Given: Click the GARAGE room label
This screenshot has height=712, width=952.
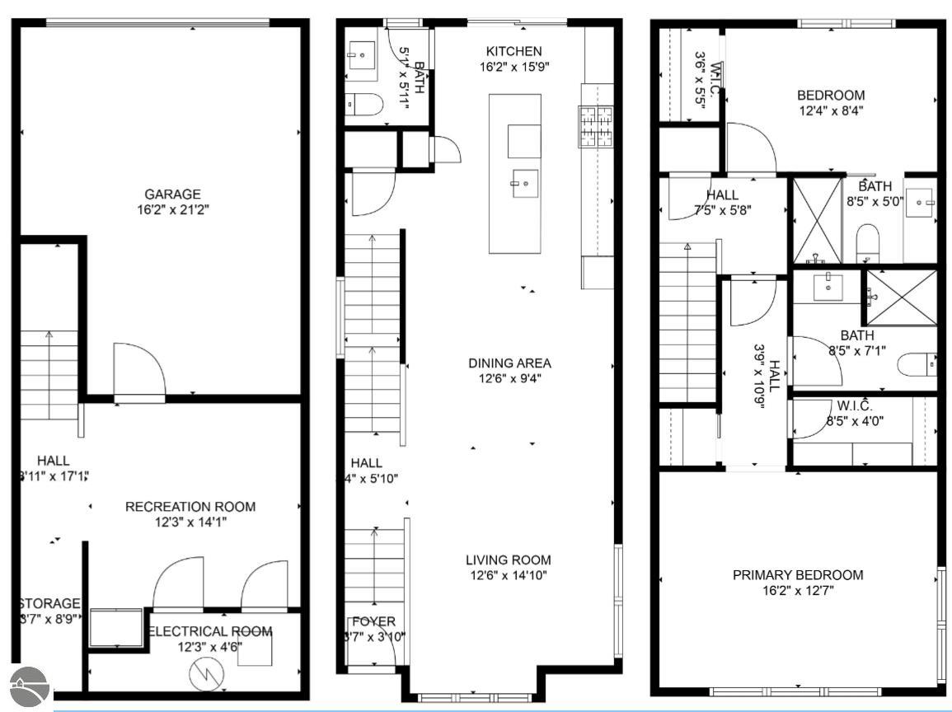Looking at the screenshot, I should tap(162, 194).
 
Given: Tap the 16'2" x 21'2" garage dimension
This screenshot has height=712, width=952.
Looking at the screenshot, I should tap(162, 210).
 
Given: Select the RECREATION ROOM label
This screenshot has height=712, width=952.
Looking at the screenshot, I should tap(190, 506).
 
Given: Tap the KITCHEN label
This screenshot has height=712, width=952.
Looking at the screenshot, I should tap(514, 51).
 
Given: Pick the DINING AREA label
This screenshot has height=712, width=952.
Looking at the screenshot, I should tap(509, 363).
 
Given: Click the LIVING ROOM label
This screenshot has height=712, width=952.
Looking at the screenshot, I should tap(508, 560).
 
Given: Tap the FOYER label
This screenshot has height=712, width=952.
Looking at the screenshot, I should tap(373, 621).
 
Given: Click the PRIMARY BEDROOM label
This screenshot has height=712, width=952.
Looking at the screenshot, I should tap(798, 574).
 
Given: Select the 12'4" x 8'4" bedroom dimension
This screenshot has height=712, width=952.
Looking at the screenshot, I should tap(831, 110).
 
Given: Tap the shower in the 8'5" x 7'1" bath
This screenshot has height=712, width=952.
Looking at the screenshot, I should tap(899, 297).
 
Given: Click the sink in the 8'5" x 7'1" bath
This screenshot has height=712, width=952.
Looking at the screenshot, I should tap(827, 288).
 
